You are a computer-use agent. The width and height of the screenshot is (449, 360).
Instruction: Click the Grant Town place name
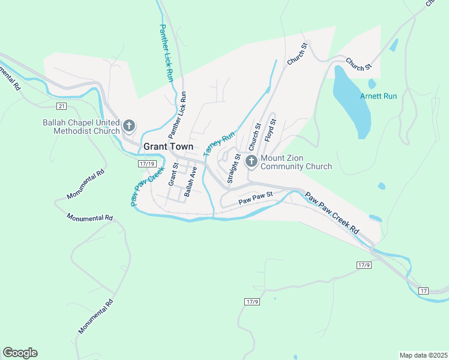coord(168,146)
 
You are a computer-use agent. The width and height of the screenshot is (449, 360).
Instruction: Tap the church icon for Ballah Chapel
coord(128,126)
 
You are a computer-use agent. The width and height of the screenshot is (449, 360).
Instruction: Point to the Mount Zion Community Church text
coord(296,162)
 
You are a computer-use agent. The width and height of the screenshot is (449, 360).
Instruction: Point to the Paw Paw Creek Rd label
coord(331,213)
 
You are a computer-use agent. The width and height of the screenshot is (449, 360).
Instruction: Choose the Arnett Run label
coord(378,96)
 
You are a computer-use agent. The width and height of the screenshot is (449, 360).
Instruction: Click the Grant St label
coord(173,174)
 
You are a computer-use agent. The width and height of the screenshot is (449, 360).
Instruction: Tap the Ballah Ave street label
coord(191,181)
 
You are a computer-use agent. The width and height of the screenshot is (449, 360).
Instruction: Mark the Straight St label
coord(233,169)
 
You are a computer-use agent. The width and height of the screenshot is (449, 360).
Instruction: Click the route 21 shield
coord(62,106)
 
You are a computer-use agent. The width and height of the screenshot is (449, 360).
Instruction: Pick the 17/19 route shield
coord(146,164)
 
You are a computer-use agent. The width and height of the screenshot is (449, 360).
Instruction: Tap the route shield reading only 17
coord(424,291)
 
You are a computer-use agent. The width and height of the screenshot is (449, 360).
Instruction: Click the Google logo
coord(20,353)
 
